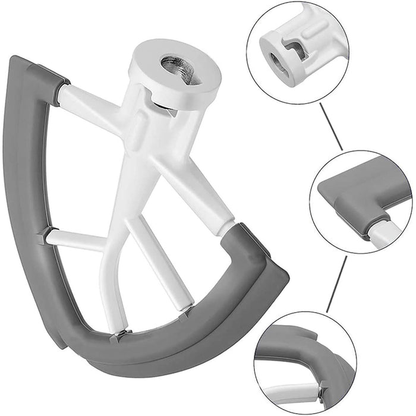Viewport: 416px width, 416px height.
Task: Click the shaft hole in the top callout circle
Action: (279, 59)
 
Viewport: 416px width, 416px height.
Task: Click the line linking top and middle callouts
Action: (330, 127)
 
